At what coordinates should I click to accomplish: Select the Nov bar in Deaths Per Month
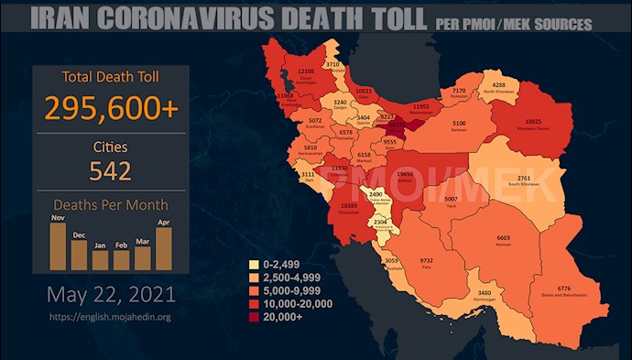pos(58,245)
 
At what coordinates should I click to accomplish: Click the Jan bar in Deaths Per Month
pos(100,259)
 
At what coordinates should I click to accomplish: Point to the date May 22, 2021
pos(111,297)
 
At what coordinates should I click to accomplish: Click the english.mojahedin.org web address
pos(111,317)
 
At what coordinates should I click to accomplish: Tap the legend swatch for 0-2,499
pos(253,266)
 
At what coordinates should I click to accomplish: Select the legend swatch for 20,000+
pos(253,317)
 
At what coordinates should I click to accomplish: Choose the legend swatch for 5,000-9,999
pos(253,291)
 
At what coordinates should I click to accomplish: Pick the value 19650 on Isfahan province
pos(405,174)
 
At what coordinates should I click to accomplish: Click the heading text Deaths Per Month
pos(111,208)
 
